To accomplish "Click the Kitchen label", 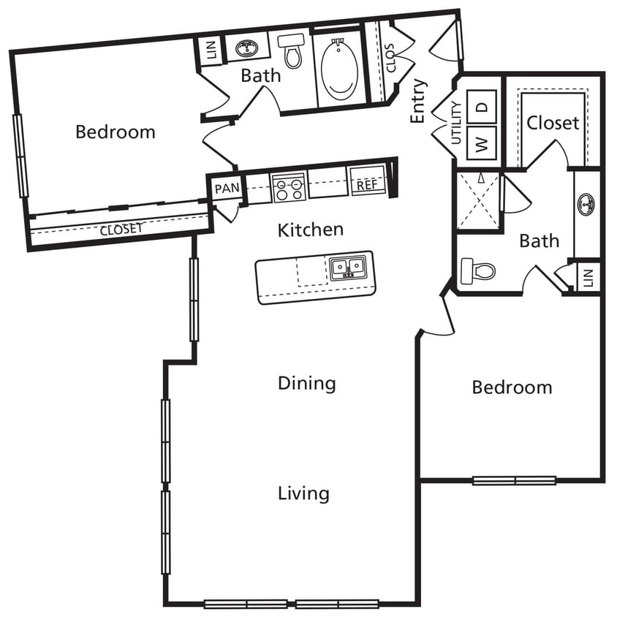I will click(310, 230).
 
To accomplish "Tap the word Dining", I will click(306, 383).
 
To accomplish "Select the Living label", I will click(303, 493).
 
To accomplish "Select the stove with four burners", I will click(288, 187).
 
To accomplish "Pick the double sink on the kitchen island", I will click(347, 268).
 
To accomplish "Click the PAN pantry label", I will click(226, 188).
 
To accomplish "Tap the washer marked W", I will click(482, 143).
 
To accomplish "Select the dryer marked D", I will click(482, 105).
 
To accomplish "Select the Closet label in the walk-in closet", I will click(553, 123).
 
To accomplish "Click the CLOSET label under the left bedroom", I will click(121, 229).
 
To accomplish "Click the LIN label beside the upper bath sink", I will click(212, 50).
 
